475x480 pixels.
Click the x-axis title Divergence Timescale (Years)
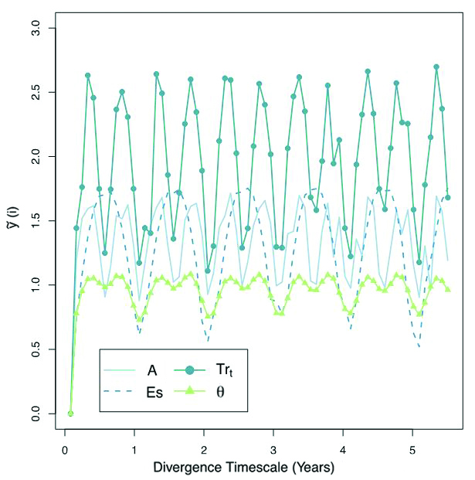243,468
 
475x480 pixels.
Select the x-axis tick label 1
134,448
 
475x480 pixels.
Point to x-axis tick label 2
204,448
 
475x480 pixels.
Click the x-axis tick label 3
273,448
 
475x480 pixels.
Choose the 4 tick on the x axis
343,448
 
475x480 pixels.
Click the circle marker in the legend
188,369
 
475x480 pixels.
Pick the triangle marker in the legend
188,392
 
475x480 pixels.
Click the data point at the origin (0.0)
70,414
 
